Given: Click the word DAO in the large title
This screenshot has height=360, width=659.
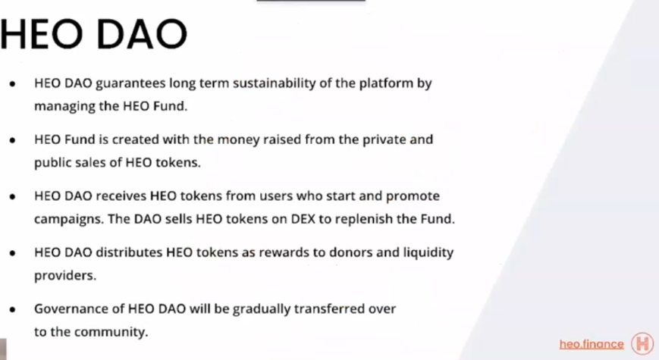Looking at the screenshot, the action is tap(142, 34).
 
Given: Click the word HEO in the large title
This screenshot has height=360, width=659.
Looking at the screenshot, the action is tap(41, 34).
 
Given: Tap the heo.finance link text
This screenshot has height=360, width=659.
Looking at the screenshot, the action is tap(592, 344).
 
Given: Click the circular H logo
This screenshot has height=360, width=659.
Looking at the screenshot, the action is tap(642, 343).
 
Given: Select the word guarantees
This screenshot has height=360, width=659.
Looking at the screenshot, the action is tap(130, 83).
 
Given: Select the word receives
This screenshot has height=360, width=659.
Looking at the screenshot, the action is tap(121, 196).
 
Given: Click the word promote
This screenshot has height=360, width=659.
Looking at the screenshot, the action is tap(413, 196).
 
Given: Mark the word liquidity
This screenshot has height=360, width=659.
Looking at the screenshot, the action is tap(428, 253).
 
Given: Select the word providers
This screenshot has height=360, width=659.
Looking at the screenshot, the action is tap(65, 276).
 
